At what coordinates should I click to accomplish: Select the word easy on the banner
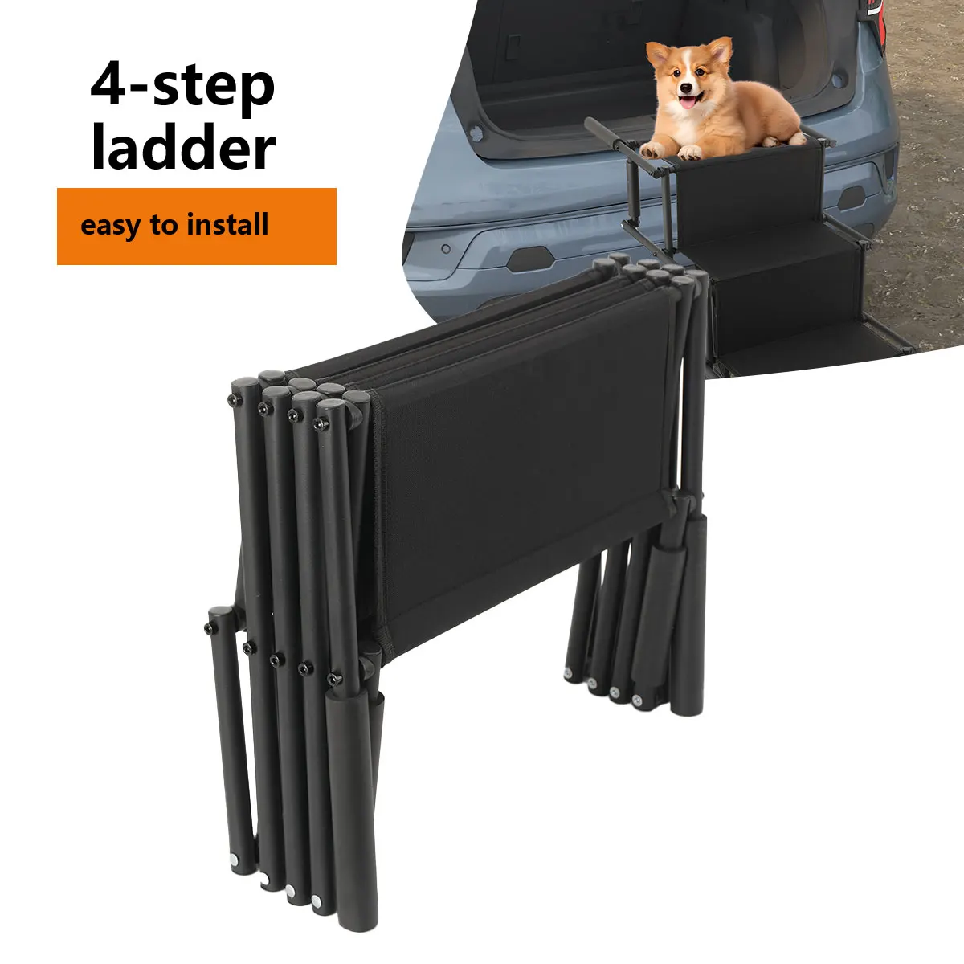point(111,225)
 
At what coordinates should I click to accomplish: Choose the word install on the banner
point(227,224)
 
